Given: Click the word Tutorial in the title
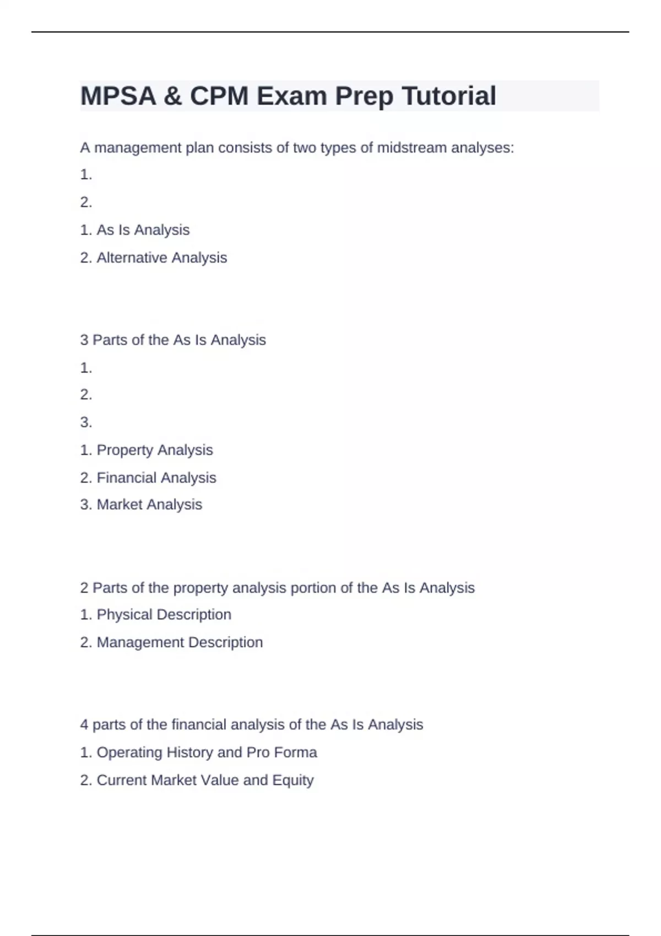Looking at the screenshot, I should coord(449,96).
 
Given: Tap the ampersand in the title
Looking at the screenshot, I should coord(172,96).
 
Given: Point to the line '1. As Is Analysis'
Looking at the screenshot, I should coord(135,230).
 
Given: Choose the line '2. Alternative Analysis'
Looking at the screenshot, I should coord(154,258).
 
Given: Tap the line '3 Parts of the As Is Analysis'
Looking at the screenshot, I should coord(173,340).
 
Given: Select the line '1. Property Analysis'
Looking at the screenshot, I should coord(147,450).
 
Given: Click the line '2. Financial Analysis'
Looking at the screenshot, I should coord(148,478).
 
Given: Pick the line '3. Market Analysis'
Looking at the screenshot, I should coord(141,505).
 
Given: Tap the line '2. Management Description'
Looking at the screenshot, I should coord(171,643).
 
